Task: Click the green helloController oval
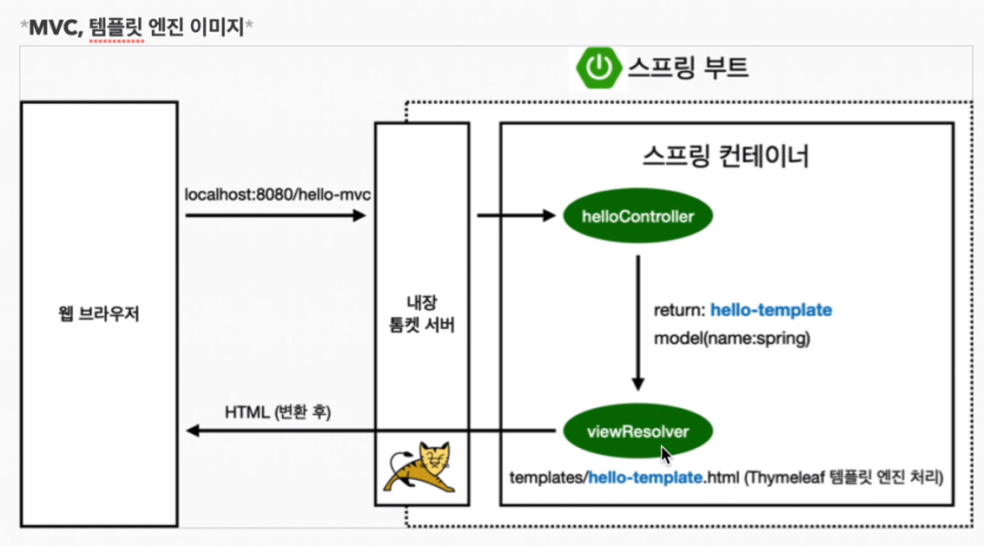click(x=637, y=216)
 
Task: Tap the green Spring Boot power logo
click(x=598, y=68)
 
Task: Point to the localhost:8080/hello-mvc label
click(x=277, y=194)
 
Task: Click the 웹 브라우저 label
click(x=99, y=314)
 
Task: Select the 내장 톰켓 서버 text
click(x=422, y=314)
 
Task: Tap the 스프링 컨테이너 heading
click(x=726, y=155)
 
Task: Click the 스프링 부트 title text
click(x=688, y=68)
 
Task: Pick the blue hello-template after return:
click(x=770, y=310)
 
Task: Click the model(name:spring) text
click(x=731, y=338)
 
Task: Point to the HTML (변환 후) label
click(x=277, y=411)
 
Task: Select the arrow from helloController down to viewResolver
click(x=638, y=321)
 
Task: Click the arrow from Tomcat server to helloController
click(x=516, y=215)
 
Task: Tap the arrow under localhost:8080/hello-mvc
click(x=275, y=214)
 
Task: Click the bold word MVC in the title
click(x=55, y=27)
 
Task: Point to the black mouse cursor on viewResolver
click(x=666, y=456)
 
